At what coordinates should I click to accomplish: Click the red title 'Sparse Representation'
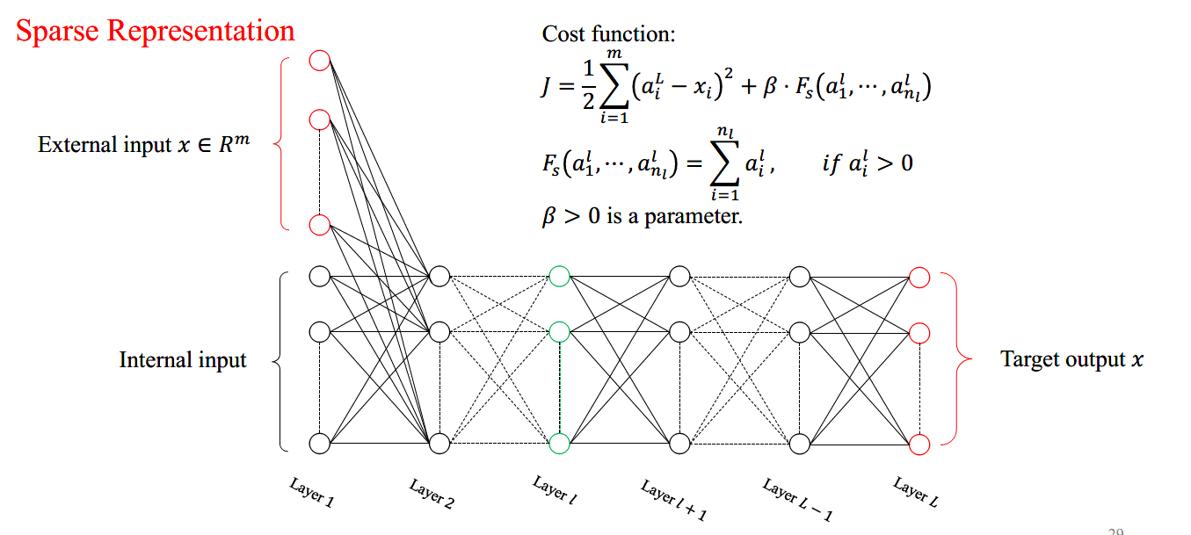[x=156, y=31]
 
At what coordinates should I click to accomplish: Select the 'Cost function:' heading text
[x=608, y=34]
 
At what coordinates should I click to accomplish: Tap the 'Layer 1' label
[x=312, y=494]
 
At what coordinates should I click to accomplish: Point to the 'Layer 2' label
[x=432, y=495]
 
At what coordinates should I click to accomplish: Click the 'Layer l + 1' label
[x=673, y=501]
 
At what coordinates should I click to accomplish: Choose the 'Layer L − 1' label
[x=796, y=500]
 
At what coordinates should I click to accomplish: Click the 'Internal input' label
[x=183, y=360]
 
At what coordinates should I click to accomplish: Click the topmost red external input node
[x=320, y=61]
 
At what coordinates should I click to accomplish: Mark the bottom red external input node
[x=320, y=225]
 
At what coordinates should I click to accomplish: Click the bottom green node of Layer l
[x=559, y=444]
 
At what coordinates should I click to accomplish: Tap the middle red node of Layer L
[x=919, y=333]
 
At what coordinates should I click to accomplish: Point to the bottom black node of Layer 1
[x=320, y=444]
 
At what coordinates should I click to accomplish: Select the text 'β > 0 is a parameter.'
[x=642, y=215]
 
